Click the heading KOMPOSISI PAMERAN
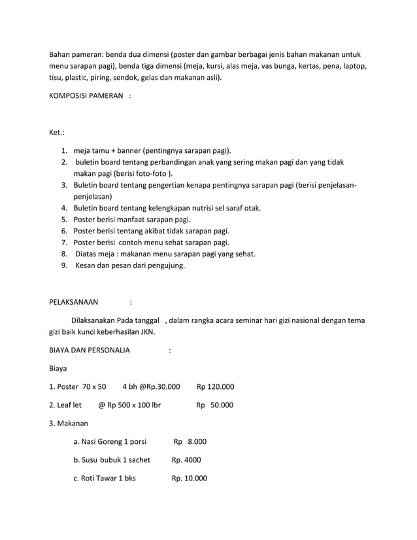[86, 96]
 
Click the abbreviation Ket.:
[57, 133]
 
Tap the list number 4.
[65, 208]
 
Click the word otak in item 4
[252, 208]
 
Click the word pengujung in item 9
[164, 266]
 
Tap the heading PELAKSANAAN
[74, 302]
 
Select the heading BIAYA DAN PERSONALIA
[90, 350]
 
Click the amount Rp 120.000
[215, 386]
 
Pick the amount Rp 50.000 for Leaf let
[215, 405]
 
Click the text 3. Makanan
[69, 424]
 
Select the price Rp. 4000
[186, 460]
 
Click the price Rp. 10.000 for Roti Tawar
[190, 478]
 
